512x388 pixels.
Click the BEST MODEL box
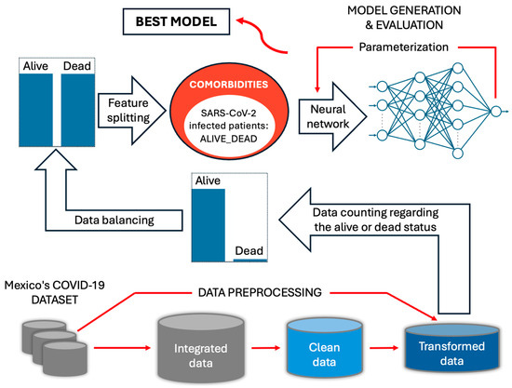176,21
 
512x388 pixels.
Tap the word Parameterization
404,47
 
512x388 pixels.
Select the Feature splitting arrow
132,111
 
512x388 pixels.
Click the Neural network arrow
332,116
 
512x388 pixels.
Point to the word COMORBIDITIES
229,85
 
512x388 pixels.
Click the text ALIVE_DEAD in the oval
229,139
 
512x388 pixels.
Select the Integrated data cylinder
201,348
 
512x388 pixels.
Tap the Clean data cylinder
325,348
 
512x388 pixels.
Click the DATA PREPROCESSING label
260,292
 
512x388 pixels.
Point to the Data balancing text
115,221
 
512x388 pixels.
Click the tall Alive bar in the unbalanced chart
209,225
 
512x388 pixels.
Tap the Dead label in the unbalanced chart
249,250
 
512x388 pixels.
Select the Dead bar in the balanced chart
78,110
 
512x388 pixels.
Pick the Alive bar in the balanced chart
36,110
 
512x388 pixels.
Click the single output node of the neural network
495,112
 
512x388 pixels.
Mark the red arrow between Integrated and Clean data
265,348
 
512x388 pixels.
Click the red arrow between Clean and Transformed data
384,348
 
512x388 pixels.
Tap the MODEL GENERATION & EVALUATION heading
404,18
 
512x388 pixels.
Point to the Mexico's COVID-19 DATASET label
55,292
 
